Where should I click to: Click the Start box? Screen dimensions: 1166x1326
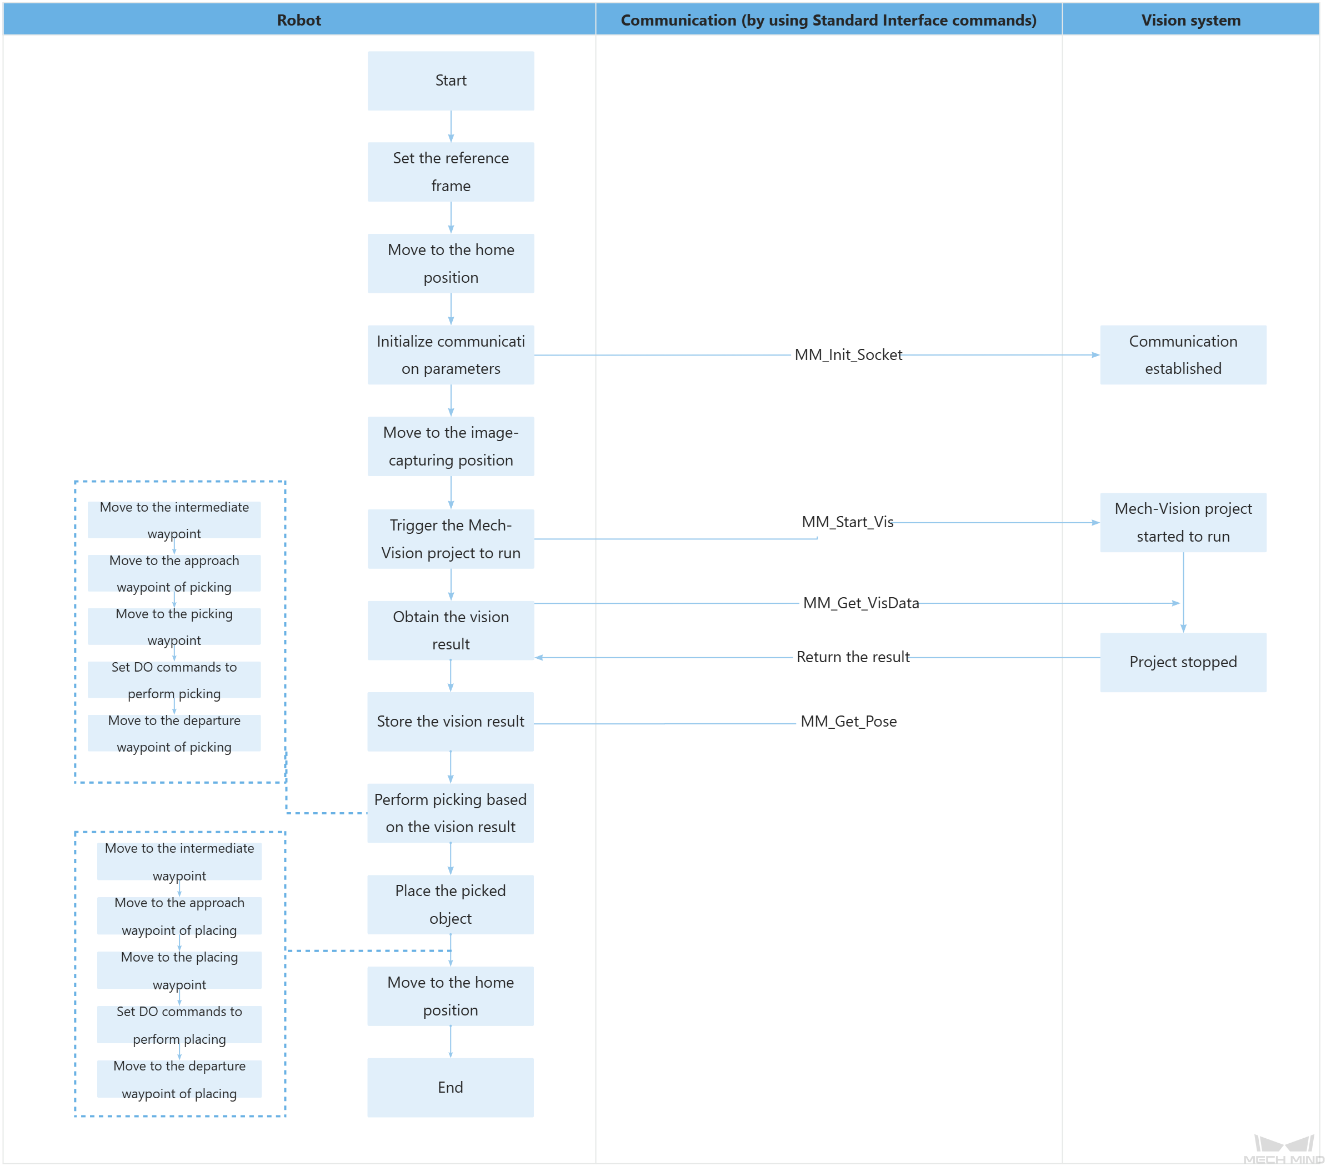pos(451,81)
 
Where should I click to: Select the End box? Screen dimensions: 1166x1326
pos(450,1088)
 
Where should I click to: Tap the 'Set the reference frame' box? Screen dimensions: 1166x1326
pos(451,172)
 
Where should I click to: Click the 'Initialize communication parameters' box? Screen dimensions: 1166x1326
pos(451,355)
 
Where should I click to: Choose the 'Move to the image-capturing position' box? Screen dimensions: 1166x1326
pos(451,447)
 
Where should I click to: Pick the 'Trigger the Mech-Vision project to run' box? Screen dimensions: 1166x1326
pos(451,539)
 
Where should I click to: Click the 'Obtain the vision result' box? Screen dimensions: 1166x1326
pos(451,630)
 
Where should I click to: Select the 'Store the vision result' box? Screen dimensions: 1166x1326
pos(450,722)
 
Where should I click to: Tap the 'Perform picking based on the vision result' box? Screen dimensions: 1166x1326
pos(450,813)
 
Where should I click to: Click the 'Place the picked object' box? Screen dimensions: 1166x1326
pos(450,904)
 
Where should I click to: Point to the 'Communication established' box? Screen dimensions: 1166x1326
pos(1183,355)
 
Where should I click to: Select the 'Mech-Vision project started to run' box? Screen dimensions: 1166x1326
pos(1183,522)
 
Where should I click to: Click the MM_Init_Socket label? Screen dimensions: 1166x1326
pos(848,355)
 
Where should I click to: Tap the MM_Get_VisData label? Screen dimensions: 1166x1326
pos(861,603)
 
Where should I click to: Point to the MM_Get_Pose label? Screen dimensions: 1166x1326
pos(848,722)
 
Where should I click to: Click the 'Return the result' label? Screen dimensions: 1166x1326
pos(852,657)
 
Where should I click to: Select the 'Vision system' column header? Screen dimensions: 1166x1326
pos(1190,20)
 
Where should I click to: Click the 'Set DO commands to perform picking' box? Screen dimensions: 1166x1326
pos(174,679)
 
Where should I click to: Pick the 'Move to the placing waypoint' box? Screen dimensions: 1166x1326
pos(179,970)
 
